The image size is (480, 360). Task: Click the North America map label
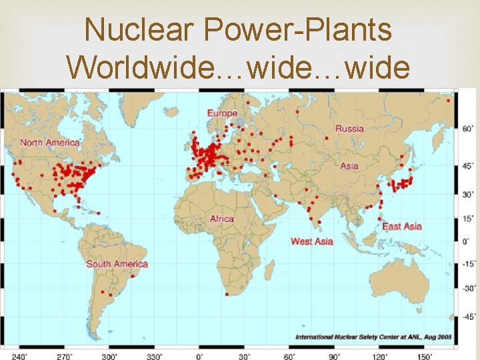(x=49, y=142)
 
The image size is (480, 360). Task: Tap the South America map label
(x=117, y=264)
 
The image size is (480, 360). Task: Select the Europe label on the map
(x=222, y=113)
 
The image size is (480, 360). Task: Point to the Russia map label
(x=349, y=128)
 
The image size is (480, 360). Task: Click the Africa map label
(x=222, y=219)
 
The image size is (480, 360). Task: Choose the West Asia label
(x=311, y=241)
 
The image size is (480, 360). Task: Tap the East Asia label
(x=402, y=227)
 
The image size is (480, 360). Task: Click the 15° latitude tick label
(x=469, y=218)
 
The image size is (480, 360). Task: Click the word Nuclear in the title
(x=137, y=30)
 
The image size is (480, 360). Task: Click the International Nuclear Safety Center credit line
(x=373, y=337)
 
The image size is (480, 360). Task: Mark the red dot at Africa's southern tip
(x=227, y=294)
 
